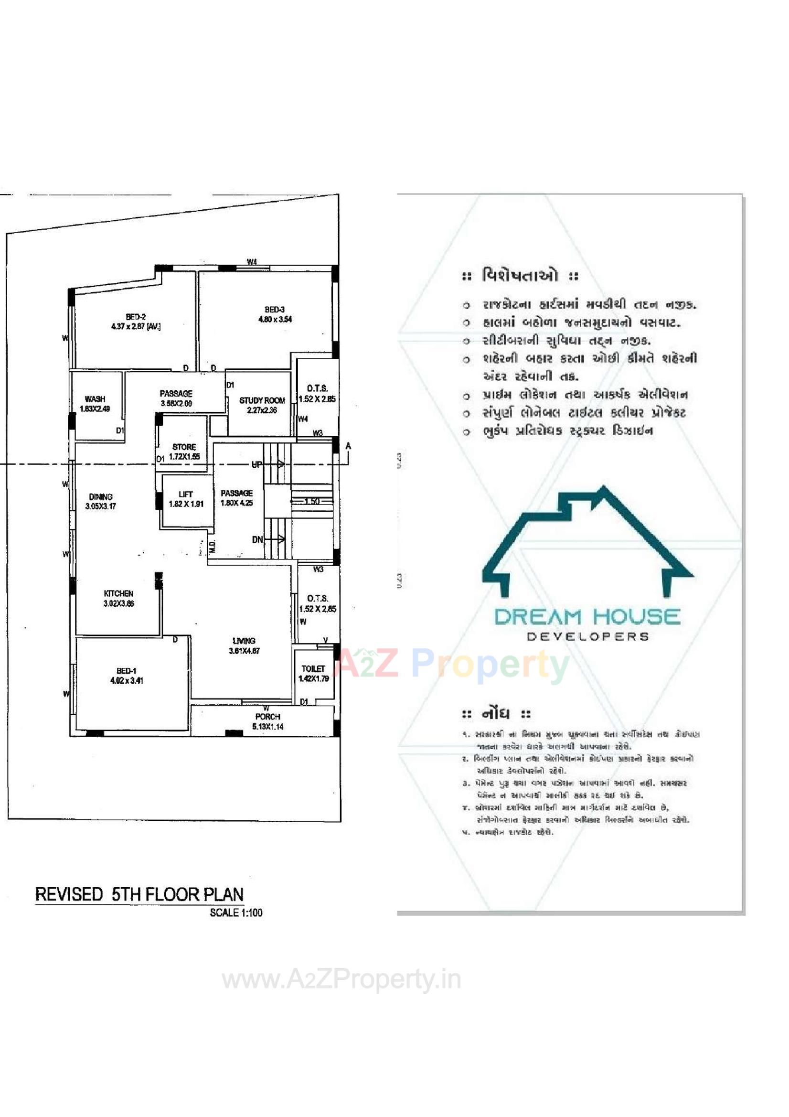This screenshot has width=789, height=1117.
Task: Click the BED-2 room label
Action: [x=136, y=317]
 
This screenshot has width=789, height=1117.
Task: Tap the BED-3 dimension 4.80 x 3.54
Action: [x=275, y=319]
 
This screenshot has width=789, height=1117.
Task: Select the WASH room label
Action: [x=95, y=399]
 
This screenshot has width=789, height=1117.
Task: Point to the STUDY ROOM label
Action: [x=262, y=400]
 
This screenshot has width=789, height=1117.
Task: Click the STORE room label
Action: [x=184, y=447]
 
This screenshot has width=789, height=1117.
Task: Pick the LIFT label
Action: [x=185, y=494]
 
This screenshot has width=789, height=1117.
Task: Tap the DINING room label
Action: [x=101, y=497]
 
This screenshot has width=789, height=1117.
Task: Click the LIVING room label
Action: [x=244, y=641]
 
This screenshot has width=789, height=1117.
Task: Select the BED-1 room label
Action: [x=126, y=671]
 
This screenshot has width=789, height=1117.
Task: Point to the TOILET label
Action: [x=313, y=668]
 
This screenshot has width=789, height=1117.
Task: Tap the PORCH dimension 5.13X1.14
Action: [x=267, y=727]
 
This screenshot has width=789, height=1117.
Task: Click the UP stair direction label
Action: [x=256, y=464]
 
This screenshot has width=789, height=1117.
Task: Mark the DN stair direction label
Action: [x=257, y=539]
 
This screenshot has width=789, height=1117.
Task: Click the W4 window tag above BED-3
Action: [x=252, y=262]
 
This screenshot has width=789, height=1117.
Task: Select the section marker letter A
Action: [x=348, y=446]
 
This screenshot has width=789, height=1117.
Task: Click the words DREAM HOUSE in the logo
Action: [x=587, y=617]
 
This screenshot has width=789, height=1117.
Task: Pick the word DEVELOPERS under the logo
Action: [x=587, y=637]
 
